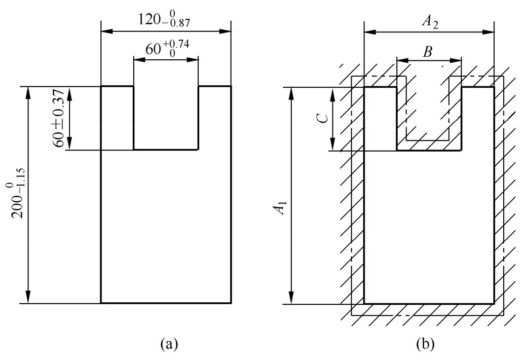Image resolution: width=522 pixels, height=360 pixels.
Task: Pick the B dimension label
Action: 427,52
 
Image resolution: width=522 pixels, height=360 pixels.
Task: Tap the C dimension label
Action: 322,119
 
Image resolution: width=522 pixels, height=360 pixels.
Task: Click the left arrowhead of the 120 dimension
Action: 107,31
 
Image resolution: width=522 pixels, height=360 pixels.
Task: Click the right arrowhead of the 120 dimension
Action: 225,31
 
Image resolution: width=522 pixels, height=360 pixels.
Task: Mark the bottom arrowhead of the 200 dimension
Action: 28,297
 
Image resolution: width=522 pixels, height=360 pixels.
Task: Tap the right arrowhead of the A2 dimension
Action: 488,32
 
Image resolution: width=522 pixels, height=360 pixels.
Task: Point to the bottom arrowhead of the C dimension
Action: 333,144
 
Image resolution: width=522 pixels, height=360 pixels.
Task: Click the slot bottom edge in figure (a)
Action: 166,150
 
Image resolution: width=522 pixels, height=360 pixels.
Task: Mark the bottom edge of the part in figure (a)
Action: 166,303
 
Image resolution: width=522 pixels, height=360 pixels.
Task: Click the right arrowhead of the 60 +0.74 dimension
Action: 192,60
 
